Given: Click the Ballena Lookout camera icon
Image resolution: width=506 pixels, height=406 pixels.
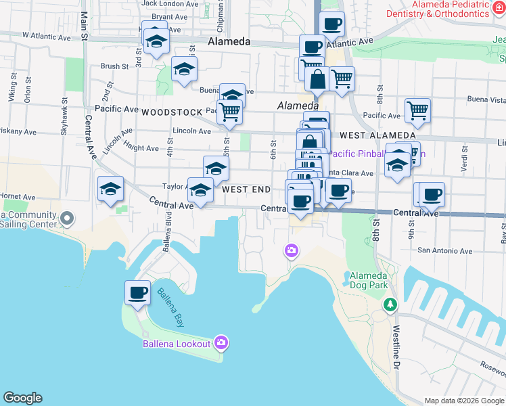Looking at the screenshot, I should point(221,343).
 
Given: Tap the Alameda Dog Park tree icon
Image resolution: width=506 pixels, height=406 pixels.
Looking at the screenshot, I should point(390,305).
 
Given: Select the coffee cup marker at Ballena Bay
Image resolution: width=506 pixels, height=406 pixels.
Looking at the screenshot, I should point(137,293).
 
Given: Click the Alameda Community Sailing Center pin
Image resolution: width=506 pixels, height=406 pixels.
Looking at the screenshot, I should point(67,218).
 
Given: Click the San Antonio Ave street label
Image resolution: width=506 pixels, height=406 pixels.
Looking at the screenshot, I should point(444,250).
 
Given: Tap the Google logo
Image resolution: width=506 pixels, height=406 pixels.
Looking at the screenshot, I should point(22,398).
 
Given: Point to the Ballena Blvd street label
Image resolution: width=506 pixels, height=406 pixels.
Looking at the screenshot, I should point(167,233).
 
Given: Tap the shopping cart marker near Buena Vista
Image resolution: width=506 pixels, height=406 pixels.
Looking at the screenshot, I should point(417,111).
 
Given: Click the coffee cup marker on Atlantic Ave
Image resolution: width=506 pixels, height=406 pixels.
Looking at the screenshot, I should point(331,25).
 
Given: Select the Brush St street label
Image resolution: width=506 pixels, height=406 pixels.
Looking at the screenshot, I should point(114,66).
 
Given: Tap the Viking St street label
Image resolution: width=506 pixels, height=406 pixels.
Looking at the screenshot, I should point(11,92).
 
